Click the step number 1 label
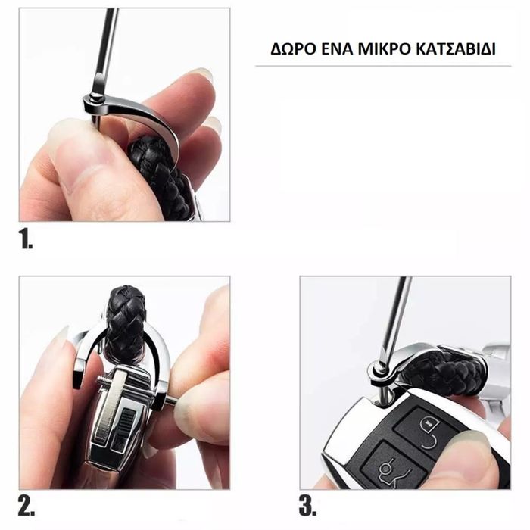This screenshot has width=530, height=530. click(x=26, y=238)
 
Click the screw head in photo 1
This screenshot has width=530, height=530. click(x=95, y=98)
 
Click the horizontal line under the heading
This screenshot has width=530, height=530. click(x=383, y=66)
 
